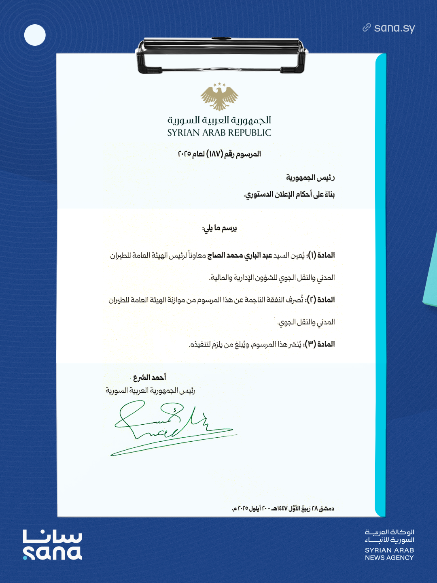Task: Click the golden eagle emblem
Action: point(219,97)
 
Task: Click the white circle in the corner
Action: point(35,35)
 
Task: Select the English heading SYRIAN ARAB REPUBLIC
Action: point(219,133)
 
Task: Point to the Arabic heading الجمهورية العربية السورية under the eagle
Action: point(219,120)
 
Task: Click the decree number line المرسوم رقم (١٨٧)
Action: point(219,154)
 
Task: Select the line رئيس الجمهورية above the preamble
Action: point(310,177)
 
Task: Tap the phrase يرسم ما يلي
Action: point(219,228)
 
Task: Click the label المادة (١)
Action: point(321,255)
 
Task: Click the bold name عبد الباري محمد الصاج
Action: point(239,255)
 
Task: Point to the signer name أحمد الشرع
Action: point(150,377)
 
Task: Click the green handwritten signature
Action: point(170,427)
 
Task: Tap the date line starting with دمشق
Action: point(283,509)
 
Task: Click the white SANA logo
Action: point(53,545)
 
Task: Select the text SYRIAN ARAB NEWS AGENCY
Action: point(389,554)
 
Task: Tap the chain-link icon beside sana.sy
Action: point(367,28)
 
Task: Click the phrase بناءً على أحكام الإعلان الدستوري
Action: point(289,195)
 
